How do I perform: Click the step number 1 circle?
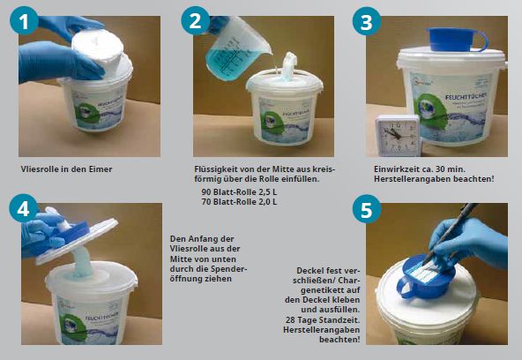click(x=24, y=20)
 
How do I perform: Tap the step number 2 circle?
click(x=196, y=20)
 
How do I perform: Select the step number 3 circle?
click(x=367, y=21)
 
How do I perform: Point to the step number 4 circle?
click(x=24, y=208)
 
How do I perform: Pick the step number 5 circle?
click(x=367, y=209)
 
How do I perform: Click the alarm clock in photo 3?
click(x=398, y=136)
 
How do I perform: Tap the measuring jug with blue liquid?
click(x=235, y=50)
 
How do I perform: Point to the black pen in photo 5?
click(x=451, y=233)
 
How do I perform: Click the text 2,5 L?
click(x=267, y=192)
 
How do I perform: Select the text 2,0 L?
click(x=267, y=202)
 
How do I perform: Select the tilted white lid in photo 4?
click(x=77, y=241)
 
